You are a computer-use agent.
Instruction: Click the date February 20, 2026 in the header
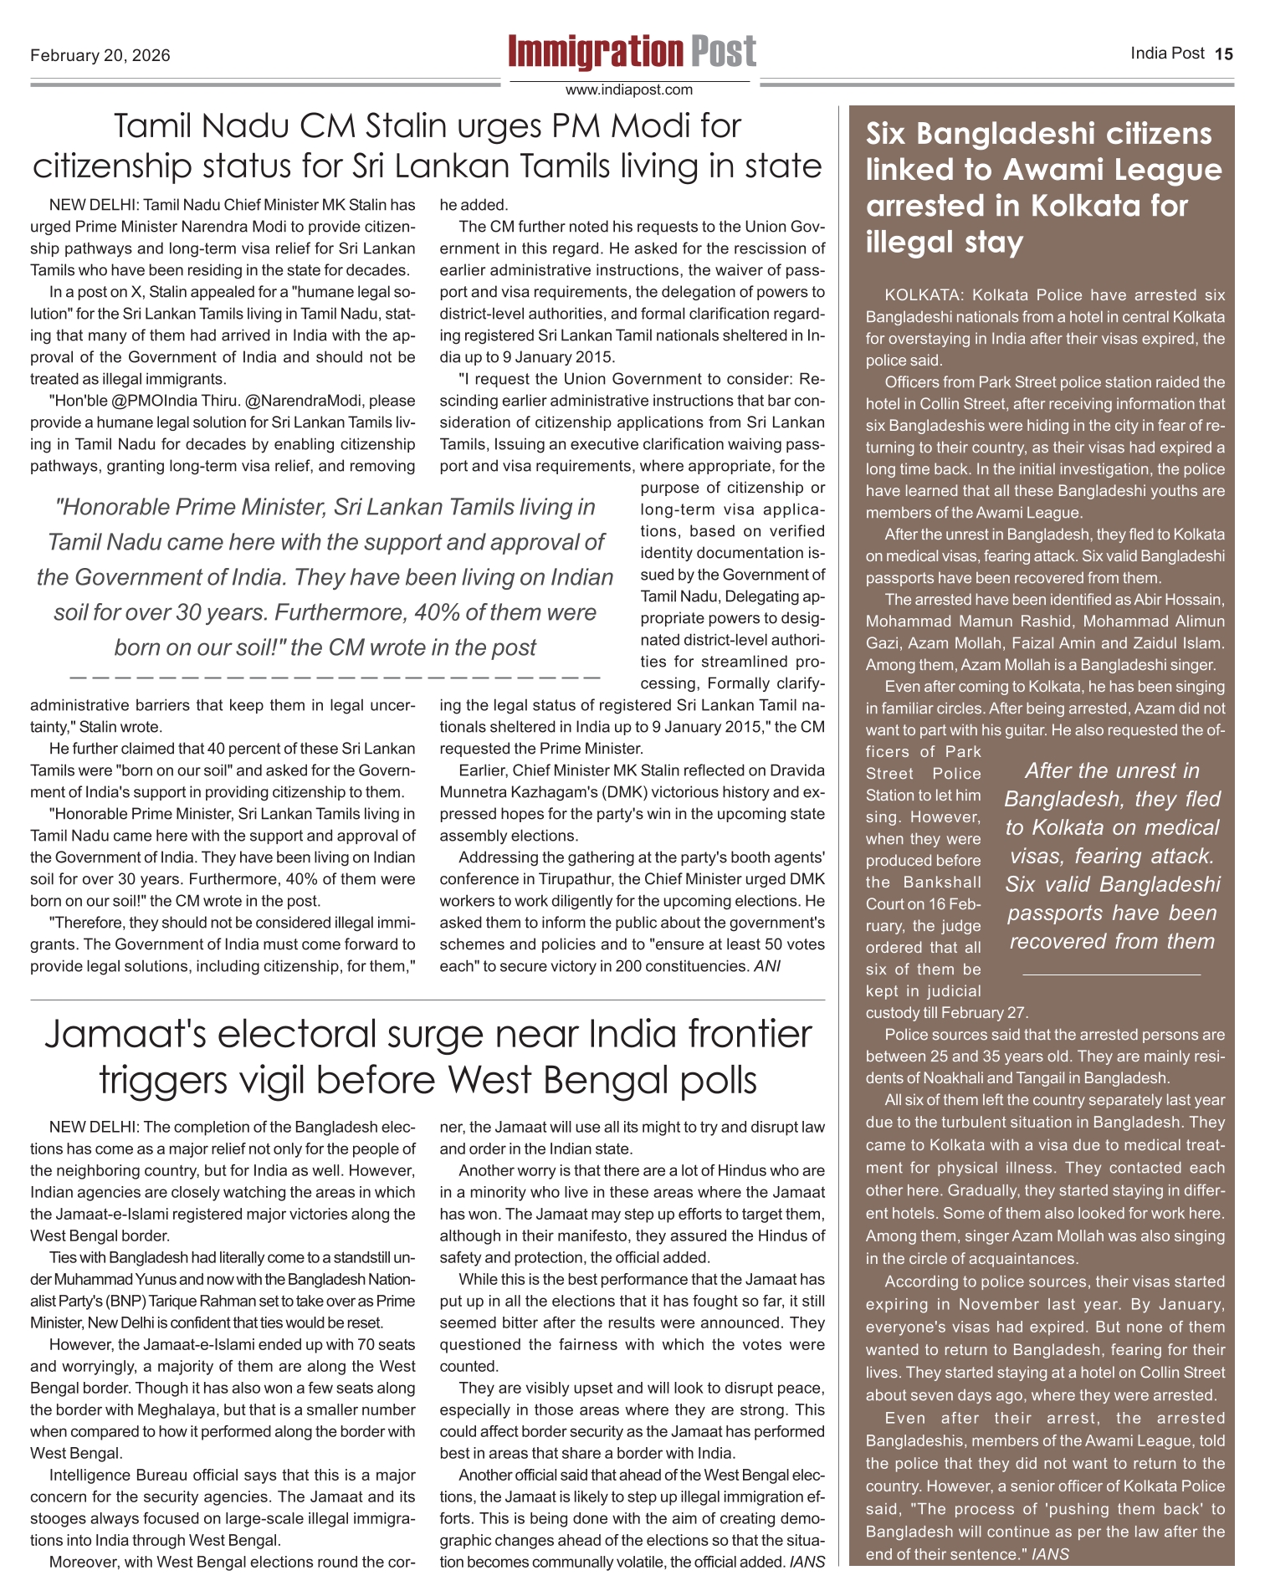(x=100, y=55)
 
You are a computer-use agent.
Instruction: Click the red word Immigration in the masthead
(x=595, y=52)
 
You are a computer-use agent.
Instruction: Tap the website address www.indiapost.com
(x=629, y=90)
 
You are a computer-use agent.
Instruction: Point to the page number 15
(x=1224, y=54)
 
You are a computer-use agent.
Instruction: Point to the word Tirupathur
(x=578, y=879)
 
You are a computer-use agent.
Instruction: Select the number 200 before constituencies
(x=628, y=966)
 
